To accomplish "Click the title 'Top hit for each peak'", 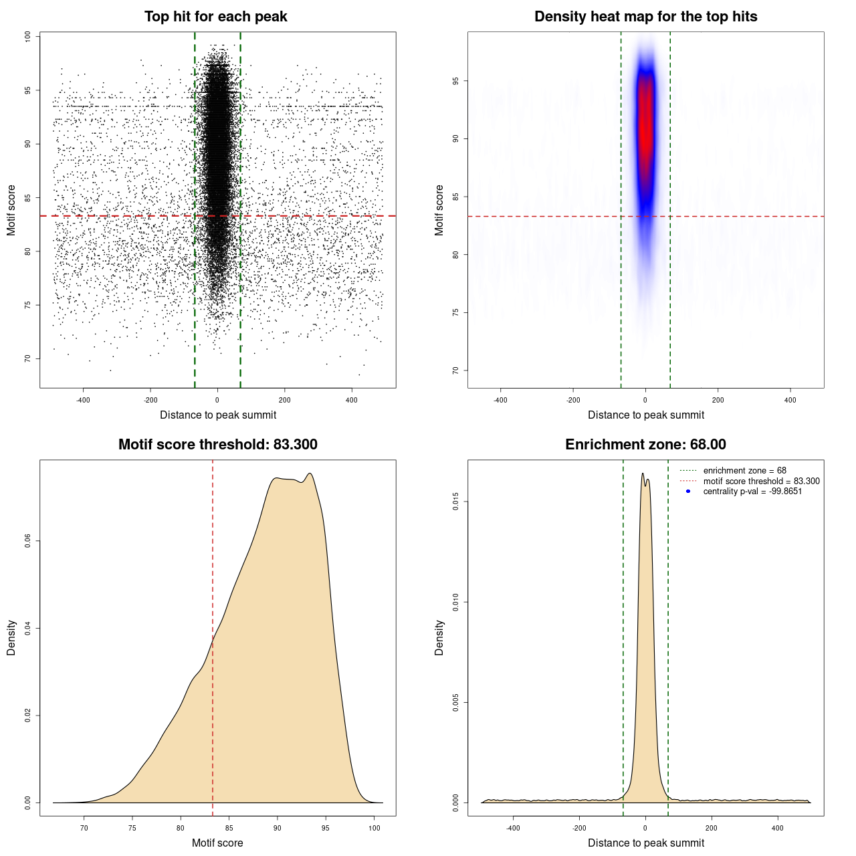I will click(x=215, y=17).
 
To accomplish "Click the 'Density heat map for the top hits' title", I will click(x=645, y=17).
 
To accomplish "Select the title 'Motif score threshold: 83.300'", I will click(x=217, y=445).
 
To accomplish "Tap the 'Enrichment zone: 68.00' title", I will click(x=645, y=445).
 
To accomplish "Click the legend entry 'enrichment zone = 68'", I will click(x=744, y=471).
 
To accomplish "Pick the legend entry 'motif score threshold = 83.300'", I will click(x=761, y=481).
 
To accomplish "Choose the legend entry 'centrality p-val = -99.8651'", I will click(x=752, y=492).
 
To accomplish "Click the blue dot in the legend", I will click(x=688, y=492).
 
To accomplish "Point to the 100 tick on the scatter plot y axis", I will click(x=28, y=37).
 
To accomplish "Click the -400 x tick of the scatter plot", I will click(x=83, y=400).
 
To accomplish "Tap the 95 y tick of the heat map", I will click(x=456, y=81).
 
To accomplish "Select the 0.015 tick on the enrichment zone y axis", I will click(x=456, y=502).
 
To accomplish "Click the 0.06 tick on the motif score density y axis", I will click(x=28, y=541).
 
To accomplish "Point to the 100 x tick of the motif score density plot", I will click(x=374, y=828).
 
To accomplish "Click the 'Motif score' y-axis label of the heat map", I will click(x=439, y=210).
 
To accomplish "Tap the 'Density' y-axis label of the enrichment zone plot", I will click(x=439, y=637).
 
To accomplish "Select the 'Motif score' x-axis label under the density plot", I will click(x=217, y=843).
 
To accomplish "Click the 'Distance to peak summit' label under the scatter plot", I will click(x=218, y=415).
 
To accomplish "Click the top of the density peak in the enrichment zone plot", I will click(x=643, y=473).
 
